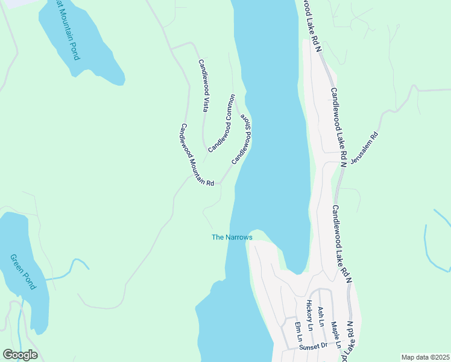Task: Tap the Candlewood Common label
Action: [x=221, y=123]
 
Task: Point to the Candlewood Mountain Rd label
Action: [x=197, y=155]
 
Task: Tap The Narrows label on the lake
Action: [x=232, y=237]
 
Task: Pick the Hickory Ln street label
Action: [x=309, y=315]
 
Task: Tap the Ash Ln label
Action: [x=321, y=315]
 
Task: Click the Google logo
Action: [x=20, y=355]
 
